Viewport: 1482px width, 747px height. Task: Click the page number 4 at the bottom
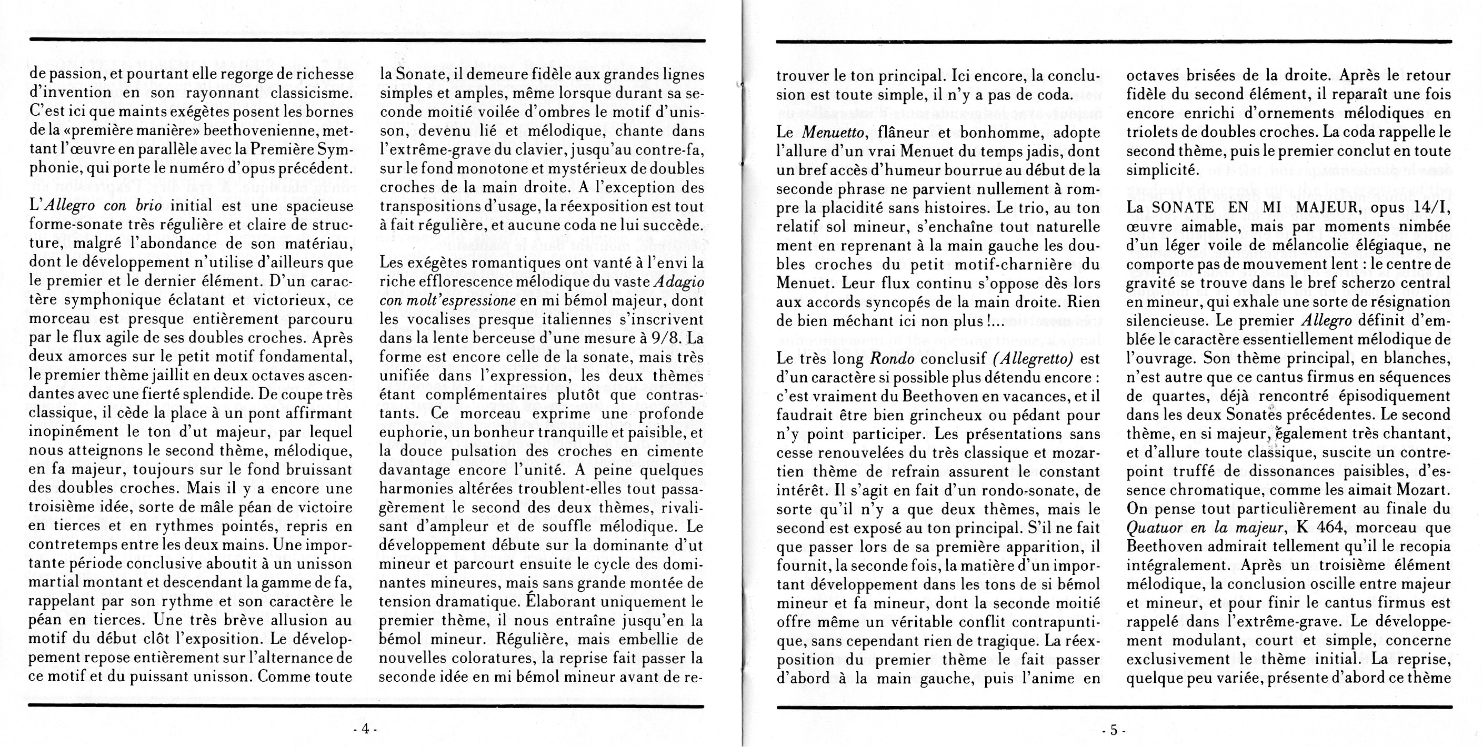365,729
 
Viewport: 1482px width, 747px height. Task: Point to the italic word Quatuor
1154,527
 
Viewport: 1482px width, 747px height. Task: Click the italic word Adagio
679,282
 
